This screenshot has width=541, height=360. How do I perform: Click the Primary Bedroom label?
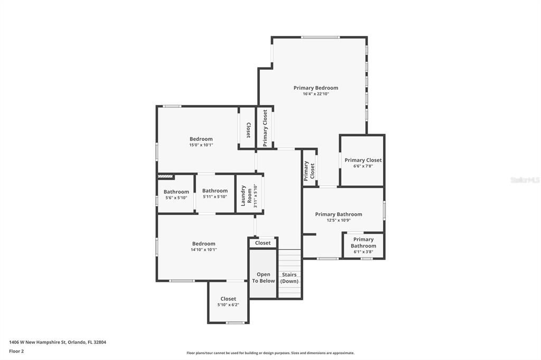click(x=315, y=88)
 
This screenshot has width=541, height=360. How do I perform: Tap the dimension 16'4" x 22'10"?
click(x=315, y=94)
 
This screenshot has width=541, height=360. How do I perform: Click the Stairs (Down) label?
click(x=289, y=278)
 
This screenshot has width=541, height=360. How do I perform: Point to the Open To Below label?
click(x=263, y=278)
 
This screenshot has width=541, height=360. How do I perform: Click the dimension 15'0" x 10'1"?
click(x=201, y=145)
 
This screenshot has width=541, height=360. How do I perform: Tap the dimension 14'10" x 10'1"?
click(x=204, y=250)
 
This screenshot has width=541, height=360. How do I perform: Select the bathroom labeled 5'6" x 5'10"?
click(x=176, y=194)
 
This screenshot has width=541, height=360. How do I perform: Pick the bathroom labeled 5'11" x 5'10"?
click(x=215, y=193)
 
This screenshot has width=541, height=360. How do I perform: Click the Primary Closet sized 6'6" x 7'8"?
click(x=363, y=163)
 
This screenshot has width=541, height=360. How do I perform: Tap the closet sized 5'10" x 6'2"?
click(x=228, y=301)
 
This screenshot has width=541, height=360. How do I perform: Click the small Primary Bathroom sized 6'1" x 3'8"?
click(x=363, y=245)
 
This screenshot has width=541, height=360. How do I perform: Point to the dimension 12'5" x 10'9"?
click(x=339, y=220)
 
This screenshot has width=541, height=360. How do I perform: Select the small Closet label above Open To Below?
click(x=263, y=243)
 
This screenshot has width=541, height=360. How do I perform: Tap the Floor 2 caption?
click(x=16, y=351)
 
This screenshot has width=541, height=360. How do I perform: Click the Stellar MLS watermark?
click(x=525, y=180)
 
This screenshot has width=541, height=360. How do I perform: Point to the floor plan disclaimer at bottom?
click(x=270, y=353)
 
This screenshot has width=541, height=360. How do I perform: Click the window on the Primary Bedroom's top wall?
click(x=320, y=37)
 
